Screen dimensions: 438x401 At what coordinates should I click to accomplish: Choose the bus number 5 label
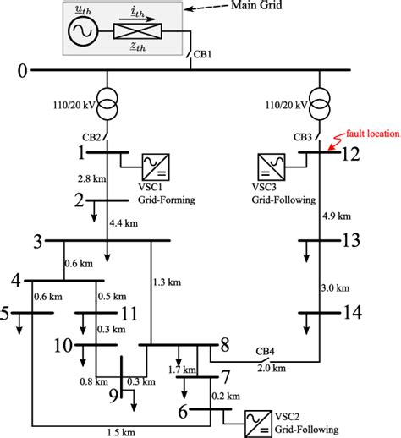7,315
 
